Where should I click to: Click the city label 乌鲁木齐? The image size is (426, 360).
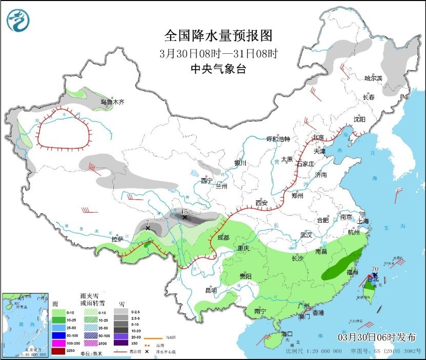pos(112,102)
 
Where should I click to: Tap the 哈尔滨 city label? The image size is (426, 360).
pos(373,78)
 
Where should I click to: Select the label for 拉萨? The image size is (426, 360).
pos(117,239)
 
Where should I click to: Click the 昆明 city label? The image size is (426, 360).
pos(211,290)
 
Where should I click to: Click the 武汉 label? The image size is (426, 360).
pos(307,235)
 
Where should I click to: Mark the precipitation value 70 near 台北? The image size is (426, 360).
pos(375,269)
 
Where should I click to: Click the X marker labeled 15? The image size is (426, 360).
pos(185,217)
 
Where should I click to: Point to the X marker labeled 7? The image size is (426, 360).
pos(148,227)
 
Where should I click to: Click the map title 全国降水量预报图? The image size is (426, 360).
pos(218,36)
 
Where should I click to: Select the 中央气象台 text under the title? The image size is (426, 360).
pos(218,69)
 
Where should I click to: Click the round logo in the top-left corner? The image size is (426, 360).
pos(18,20)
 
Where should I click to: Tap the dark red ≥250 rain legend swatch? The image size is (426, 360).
pos(59,350)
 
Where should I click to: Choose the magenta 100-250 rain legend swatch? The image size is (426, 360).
pos(59,342)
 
